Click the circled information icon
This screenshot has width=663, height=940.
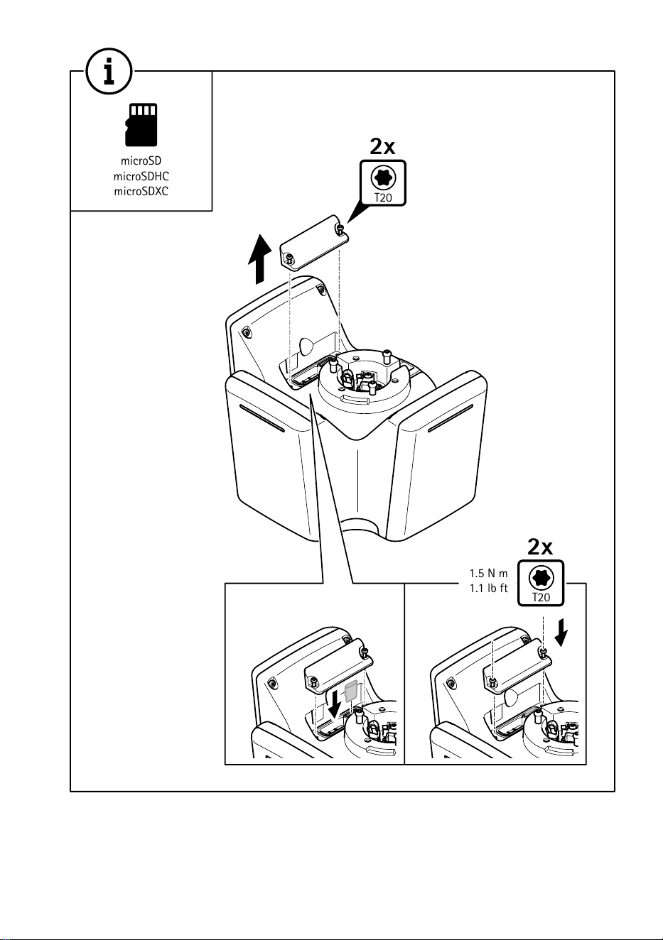109,71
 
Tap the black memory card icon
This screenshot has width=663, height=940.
141,125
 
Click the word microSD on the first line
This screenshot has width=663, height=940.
141,160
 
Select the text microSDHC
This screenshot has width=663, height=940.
141,176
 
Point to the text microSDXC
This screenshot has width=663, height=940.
141,192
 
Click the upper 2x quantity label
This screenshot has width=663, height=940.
382,146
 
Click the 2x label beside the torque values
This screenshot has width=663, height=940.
540,547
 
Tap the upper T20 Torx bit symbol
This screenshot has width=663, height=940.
383,183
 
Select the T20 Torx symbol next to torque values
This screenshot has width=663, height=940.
541,584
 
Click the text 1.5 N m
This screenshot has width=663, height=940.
488,573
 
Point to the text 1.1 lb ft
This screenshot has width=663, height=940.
488,589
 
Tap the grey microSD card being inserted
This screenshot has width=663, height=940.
350,691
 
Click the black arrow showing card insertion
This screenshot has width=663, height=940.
335,704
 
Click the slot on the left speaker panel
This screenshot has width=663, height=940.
262,418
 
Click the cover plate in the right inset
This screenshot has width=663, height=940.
517,665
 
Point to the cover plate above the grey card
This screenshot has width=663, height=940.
339,665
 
